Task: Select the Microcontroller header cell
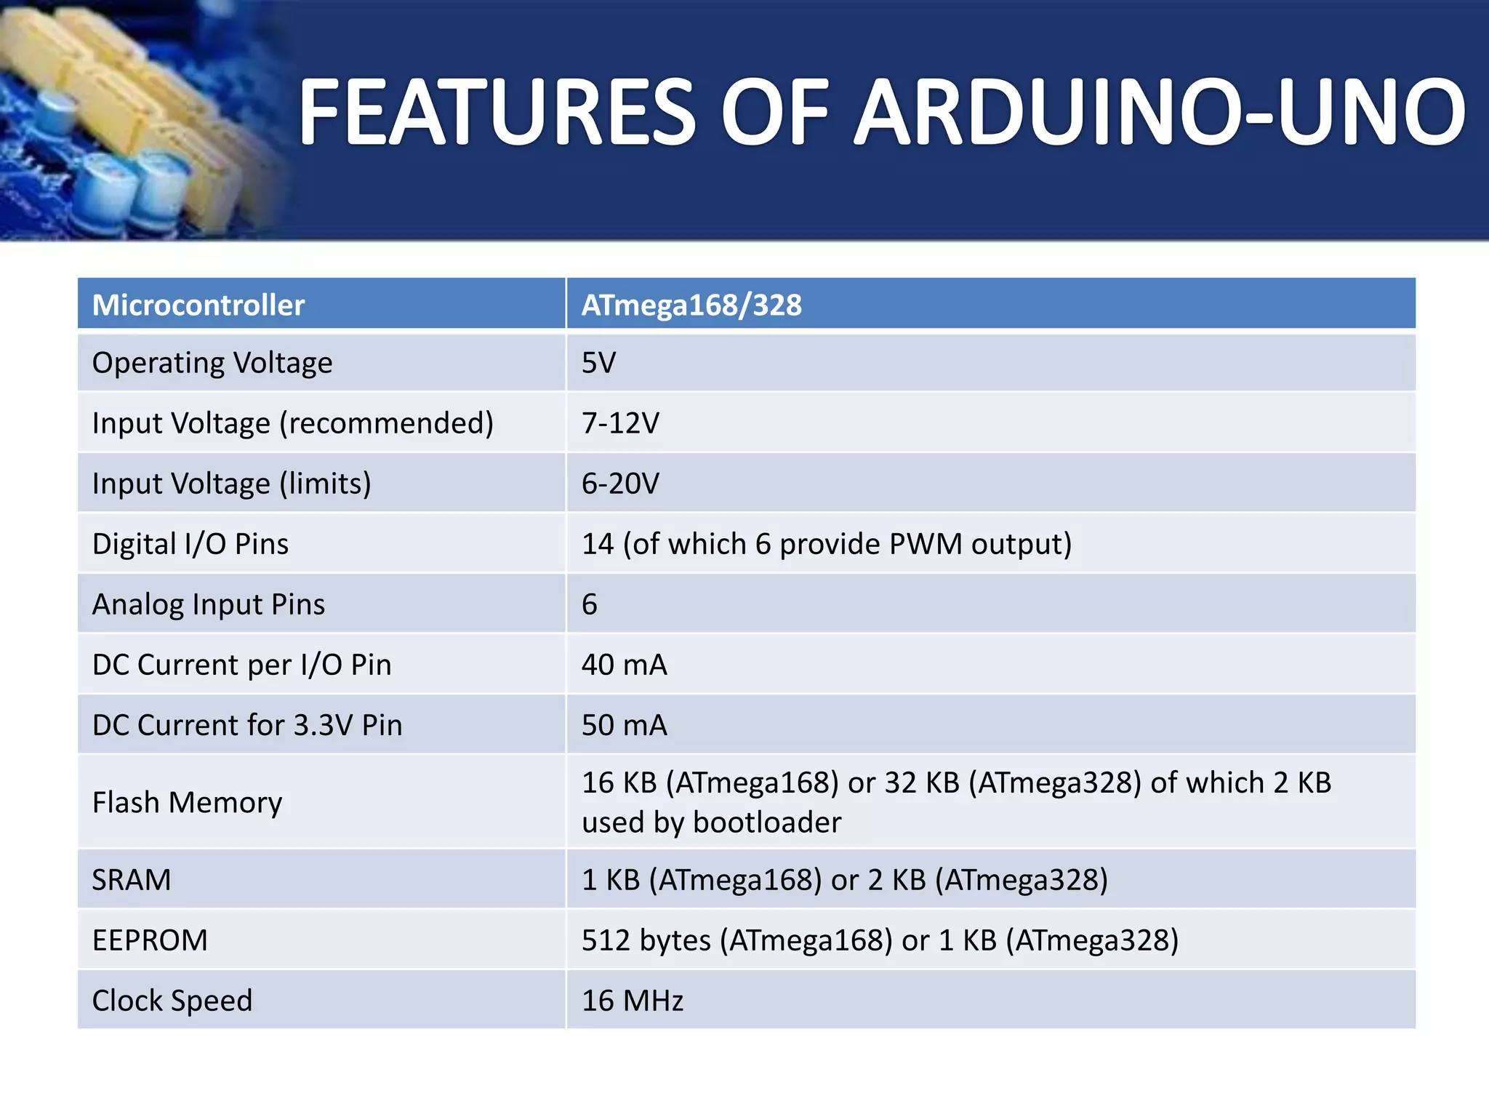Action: (x=198, y=305)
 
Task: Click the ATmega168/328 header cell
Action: (x=691, y=305)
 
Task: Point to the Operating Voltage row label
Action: (x=212, y=362)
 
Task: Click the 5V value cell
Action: (x=598, y=362)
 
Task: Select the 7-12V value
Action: (x=620, y=423)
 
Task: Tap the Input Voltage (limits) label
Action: (x=231, y=483)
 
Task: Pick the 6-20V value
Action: (x=620, y=483)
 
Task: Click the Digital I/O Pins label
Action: (x=190, y=544)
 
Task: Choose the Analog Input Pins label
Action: (x=209, y=604)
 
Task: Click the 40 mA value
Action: (x=624, y=665)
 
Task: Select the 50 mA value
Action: (x=624, y=725)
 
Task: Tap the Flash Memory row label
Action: (x=187, y=802)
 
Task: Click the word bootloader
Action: (x=767, y=822)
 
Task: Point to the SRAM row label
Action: (x=132, y=880)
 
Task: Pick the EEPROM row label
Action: (x=150, y=940)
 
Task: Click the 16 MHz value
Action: (x=633, y=1001)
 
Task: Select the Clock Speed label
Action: (x=172, y=1001)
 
